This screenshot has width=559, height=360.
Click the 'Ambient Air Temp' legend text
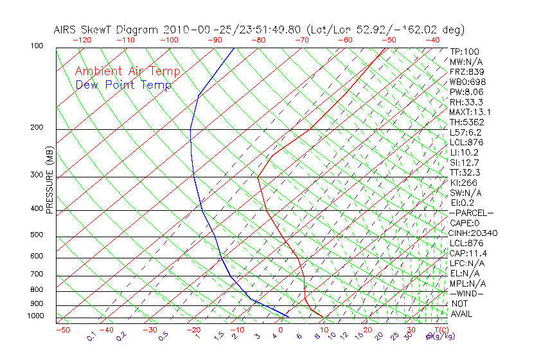(127, 71)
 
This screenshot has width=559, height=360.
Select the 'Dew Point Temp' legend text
(123, 85)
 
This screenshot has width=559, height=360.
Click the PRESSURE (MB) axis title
(49, 181)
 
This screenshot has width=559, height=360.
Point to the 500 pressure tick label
(37, 235)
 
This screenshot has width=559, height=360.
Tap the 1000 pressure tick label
(36, 316)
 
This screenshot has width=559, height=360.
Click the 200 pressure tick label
(37, 128)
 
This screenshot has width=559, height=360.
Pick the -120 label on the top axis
(82, 40)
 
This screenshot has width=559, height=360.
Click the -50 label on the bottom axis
(62, 330)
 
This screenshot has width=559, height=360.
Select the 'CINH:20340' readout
(474, 233)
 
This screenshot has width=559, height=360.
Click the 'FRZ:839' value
(466, 72)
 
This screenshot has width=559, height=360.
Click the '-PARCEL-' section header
(471, 213)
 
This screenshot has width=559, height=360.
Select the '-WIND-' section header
(467, 293)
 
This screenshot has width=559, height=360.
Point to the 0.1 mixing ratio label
(91, 337)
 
